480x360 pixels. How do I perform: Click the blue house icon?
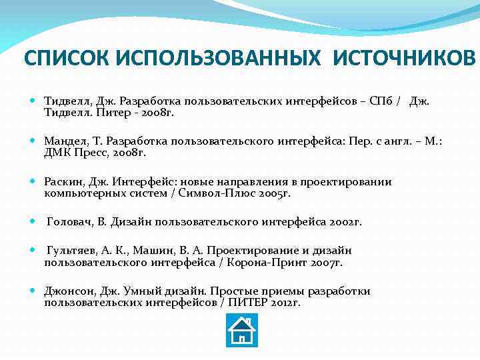(242, 331)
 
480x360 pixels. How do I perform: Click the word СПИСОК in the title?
(66, 59)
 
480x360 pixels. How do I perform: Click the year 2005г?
(275, 193)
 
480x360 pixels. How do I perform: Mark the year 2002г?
(345, 222)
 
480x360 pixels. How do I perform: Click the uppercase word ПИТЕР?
(249, 302)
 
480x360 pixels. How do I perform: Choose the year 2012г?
(286, 302)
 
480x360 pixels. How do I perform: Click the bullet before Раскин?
(33, 182)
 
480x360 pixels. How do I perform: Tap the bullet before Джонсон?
(33, 291)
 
